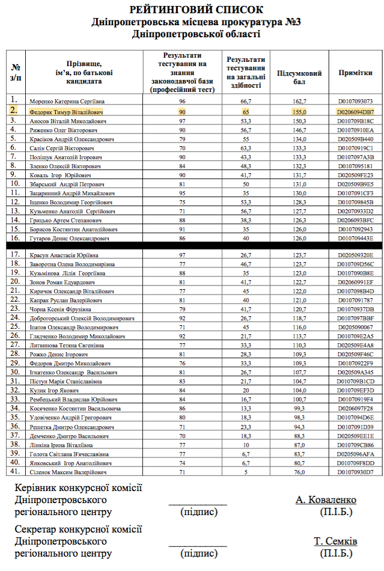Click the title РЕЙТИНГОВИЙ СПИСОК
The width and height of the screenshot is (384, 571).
click(x=196, y=10)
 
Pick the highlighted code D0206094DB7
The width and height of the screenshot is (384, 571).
click(x=356, y=112)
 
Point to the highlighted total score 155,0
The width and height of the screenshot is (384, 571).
click(x=299, y=112)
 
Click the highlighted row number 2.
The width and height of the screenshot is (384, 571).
click(x=14, y=110)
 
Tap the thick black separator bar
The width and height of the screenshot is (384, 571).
click(x=192, y=246)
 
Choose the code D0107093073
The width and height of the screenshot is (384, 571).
click(x=356, y=102)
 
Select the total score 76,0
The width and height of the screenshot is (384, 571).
click(x=299, y=473)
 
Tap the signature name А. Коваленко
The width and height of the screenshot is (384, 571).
click(x=326, y=500)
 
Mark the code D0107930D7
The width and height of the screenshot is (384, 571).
click(x=356, y=473)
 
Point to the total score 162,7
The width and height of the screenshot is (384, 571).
click(x=299, y=102)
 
